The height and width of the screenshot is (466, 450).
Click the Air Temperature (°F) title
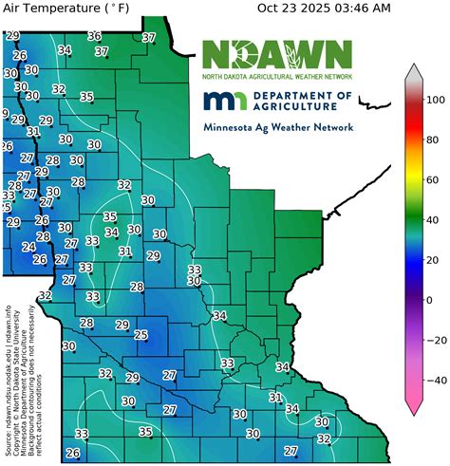pos(66,9)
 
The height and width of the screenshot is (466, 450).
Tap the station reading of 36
pos(94,36)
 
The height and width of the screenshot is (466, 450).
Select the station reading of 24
pos(28,246)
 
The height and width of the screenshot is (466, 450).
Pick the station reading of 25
pos(141,334)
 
